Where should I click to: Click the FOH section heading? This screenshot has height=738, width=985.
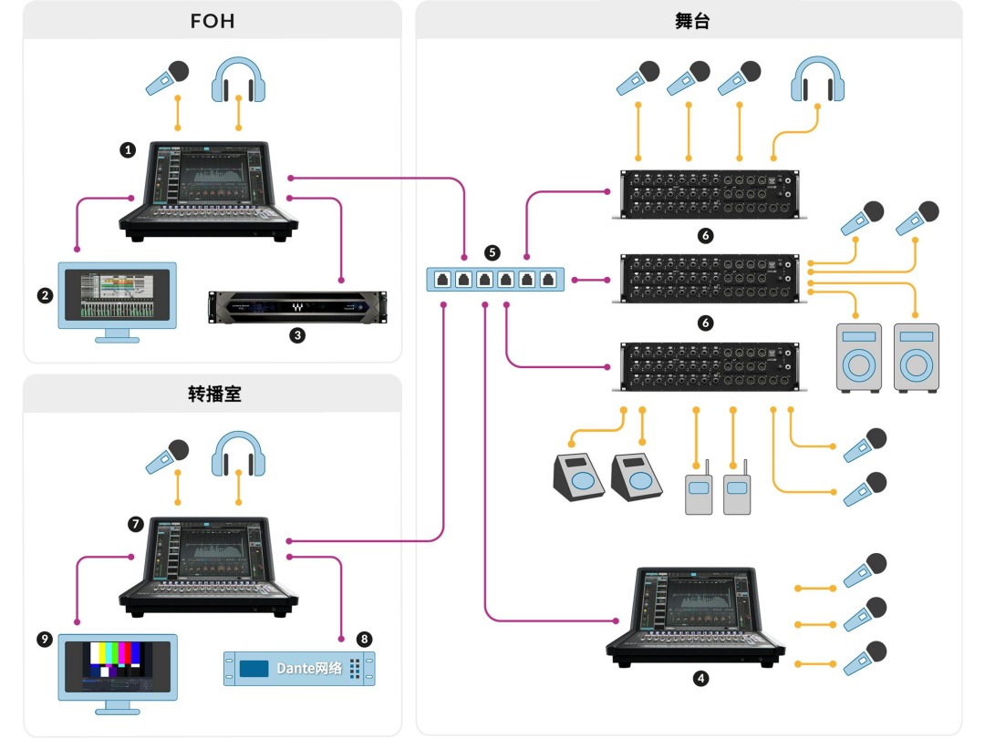(213, 21)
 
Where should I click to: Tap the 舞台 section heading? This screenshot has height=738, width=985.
(692, 21)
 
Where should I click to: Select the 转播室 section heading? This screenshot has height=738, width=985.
(215, 395)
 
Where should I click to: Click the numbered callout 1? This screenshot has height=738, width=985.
(129, 150)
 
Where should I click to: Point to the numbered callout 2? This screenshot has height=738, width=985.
(45, 295)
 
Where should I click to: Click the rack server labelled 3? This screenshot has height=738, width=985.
(297, 308)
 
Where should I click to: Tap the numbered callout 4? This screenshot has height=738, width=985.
(700, 679)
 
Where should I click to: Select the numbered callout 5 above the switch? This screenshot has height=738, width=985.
(493, 252)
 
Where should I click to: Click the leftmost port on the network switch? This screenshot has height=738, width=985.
(442, 280)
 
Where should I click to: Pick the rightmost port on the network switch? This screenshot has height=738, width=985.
(548, 280)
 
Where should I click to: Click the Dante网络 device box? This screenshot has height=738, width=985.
(300, 669)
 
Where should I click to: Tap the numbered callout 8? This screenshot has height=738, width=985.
(364, 640)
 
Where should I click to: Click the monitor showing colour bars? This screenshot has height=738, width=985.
(118, 674)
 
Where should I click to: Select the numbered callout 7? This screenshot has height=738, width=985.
(136, 524)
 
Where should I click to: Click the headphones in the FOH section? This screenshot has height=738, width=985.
(238, 79)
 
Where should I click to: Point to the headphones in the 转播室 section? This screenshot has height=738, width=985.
(238, 454)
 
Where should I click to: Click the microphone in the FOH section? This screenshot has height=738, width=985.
(168, 77)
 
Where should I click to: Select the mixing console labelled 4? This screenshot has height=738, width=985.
(695, 618)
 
